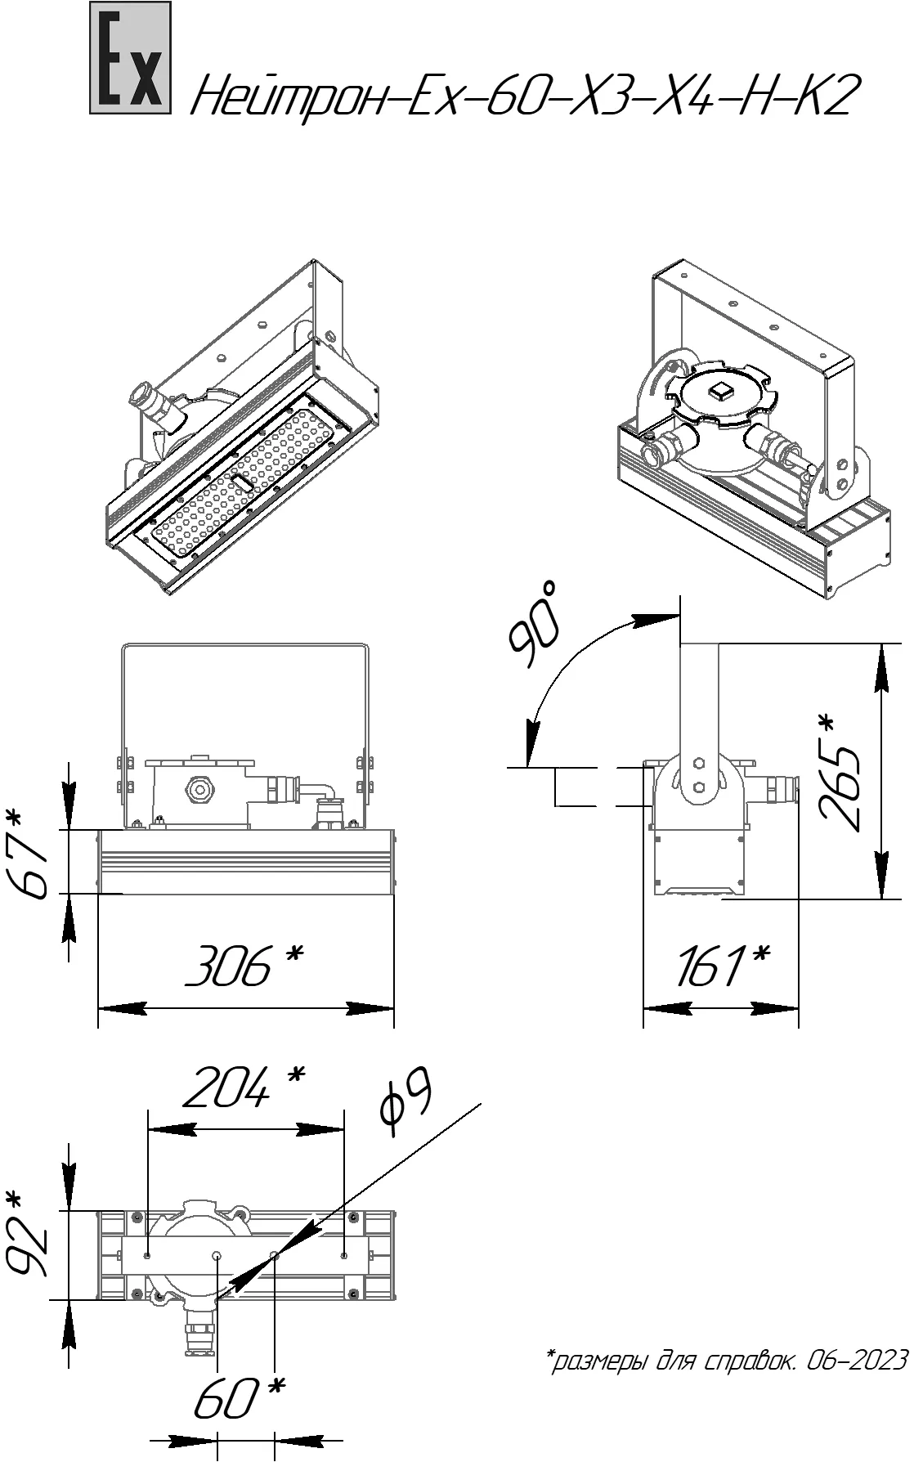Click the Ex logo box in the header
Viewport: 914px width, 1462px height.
click(131, 57)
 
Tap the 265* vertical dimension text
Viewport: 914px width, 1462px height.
click(839, 773)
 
